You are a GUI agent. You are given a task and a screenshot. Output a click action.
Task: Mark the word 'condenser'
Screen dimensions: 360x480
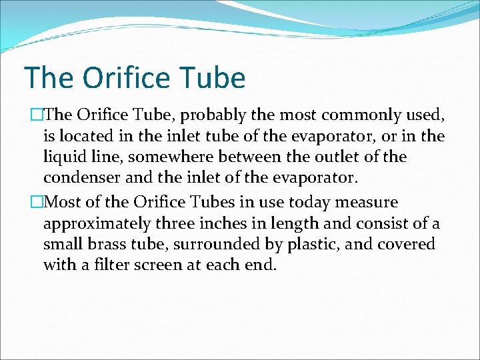(79, 179)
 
